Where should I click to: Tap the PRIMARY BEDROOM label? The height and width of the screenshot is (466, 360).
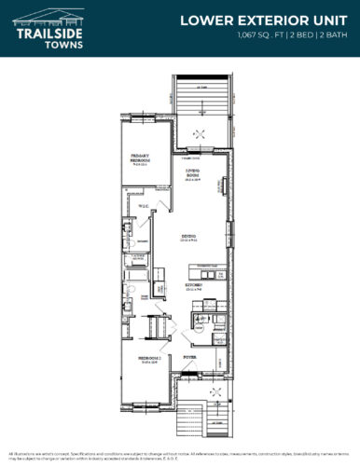[142, 159]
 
